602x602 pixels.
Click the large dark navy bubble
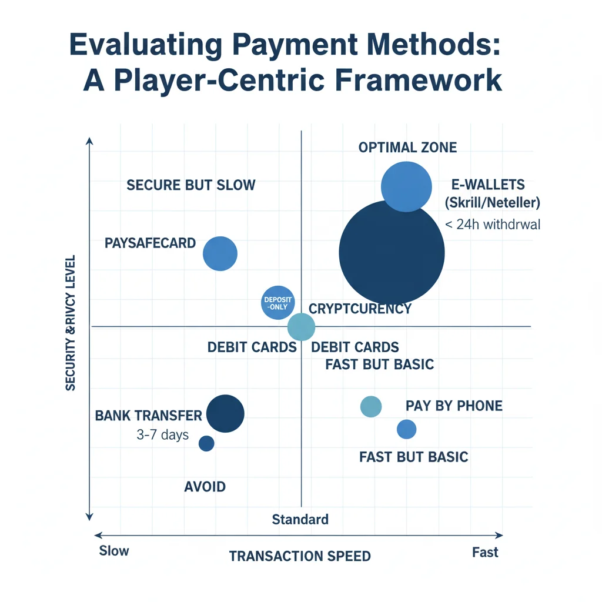[x=392, y=253]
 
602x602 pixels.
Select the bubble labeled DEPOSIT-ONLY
[x=276, y=303]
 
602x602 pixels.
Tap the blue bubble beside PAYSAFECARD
[x=220, y=254]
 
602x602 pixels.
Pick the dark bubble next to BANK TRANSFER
[x=225, y=413]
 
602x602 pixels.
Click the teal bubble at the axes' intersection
[x=302, y=327]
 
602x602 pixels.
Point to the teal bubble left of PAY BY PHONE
[x=370, y=406]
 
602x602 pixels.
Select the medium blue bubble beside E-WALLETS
[x=406, y=186]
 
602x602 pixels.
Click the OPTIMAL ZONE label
[x=407, y=147]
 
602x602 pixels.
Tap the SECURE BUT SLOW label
[x=191, y=185]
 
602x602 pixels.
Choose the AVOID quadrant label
[x=205, y=487]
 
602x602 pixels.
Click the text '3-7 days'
[x=162, y=435]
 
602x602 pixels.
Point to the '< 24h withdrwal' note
[x=497, y=224]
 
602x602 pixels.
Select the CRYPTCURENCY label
[x=360, y=309]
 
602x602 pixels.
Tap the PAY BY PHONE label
[x=454, y=406]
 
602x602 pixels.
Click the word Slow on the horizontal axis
[x=114, y=551]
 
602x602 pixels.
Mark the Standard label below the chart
[x=300, y=520]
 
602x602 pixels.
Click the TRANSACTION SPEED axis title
[x=300, y=556]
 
